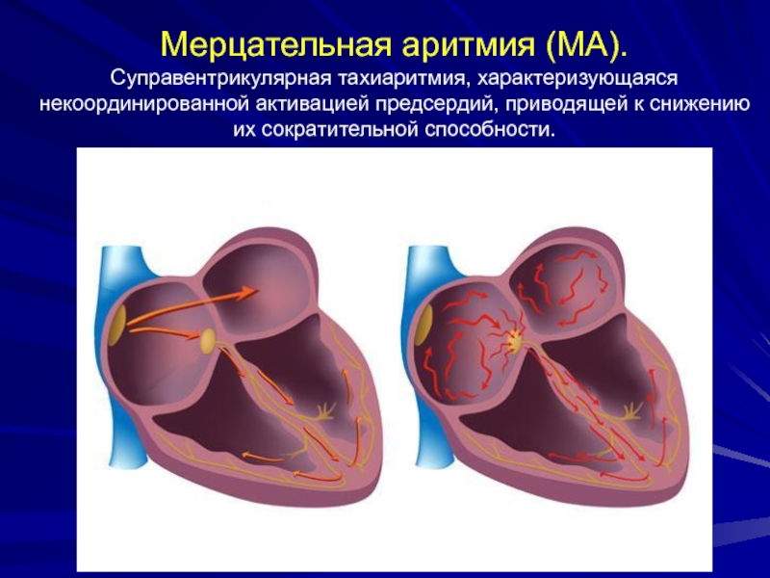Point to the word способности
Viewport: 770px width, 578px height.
click(491, 130)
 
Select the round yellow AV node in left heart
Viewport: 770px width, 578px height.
click(208, 340)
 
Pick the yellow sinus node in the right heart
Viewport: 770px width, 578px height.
click(424, 326)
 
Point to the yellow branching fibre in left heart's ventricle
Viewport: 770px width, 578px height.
click(323, 412)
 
